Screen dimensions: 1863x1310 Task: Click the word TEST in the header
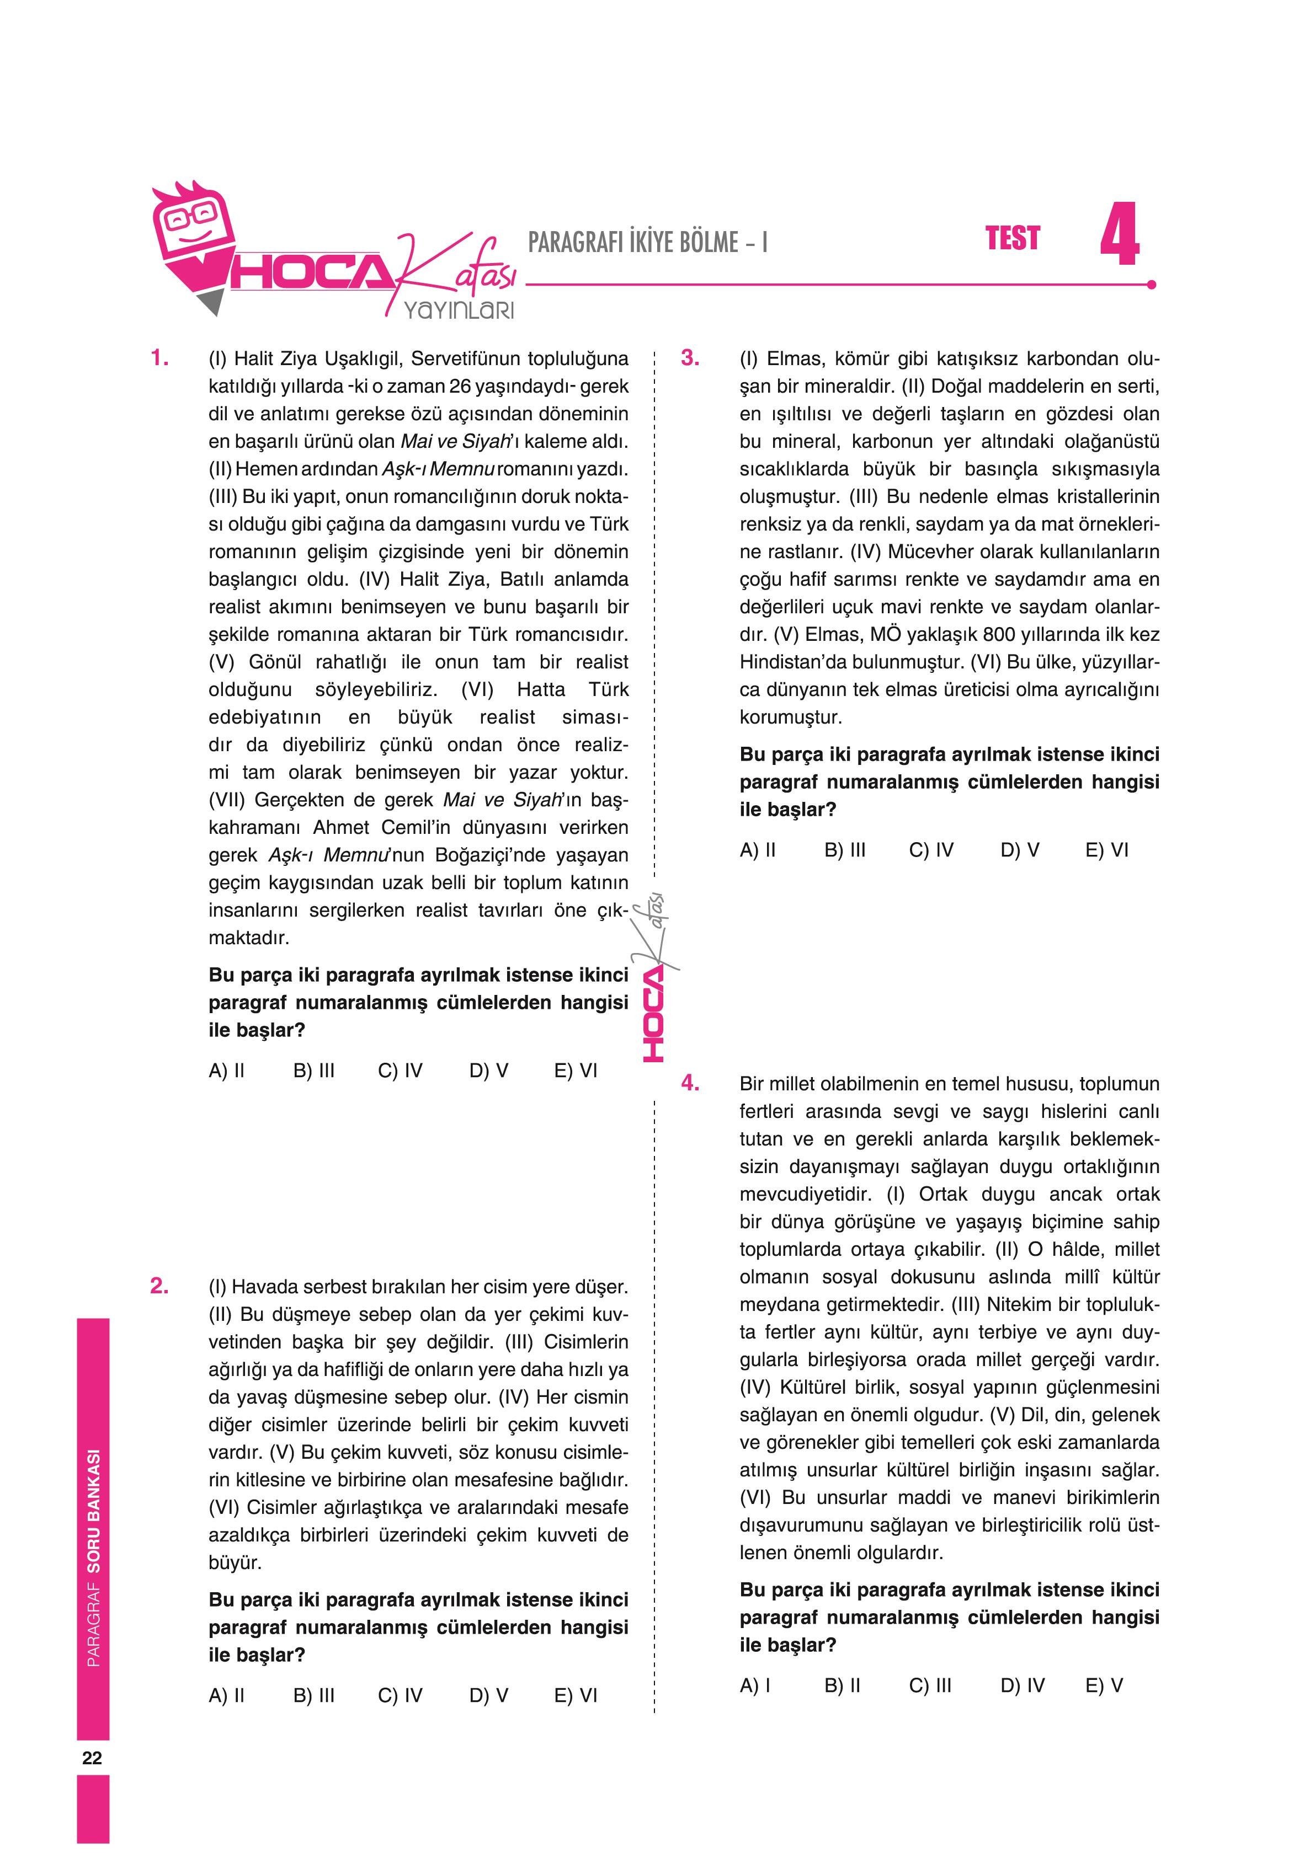click(1012, 239)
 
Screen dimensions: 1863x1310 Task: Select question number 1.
click(160, 358)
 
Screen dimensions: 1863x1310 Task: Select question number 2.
click(160, 1286)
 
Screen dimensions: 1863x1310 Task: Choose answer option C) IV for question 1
click(400, 1071)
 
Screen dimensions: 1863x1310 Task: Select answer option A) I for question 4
click(755, 1686)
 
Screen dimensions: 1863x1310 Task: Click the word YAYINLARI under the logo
click(459, 310)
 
